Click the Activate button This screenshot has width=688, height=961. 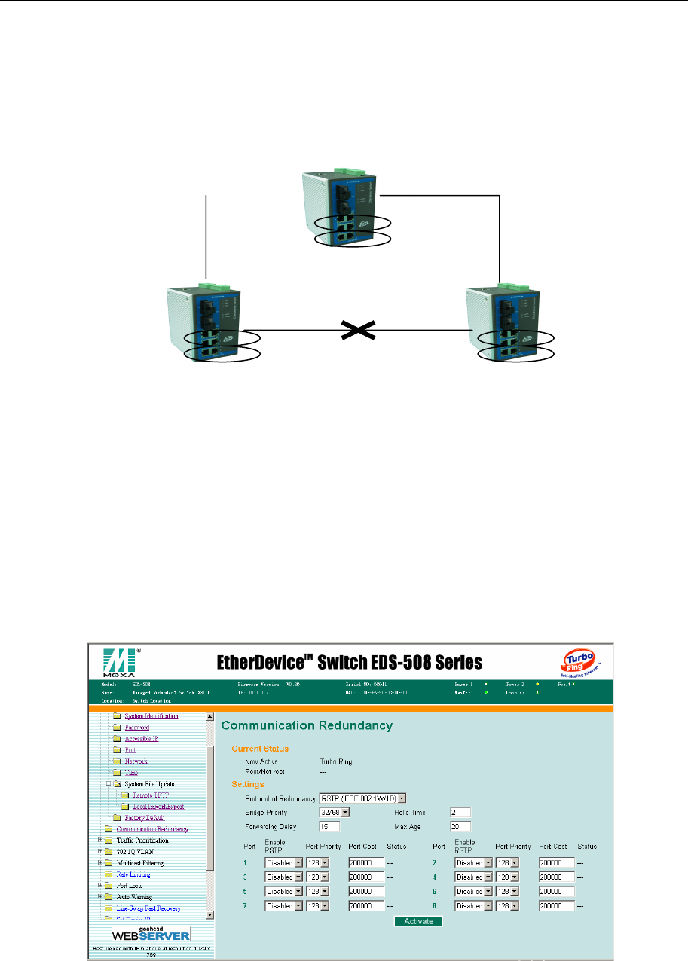coord(418,920)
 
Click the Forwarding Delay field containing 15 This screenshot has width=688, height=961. coord(330,827)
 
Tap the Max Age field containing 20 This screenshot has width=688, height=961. coord(461,827)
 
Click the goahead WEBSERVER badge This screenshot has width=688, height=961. coord(151,933)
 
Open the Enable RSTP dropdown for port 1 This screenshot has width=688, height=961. coord(283,863)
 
